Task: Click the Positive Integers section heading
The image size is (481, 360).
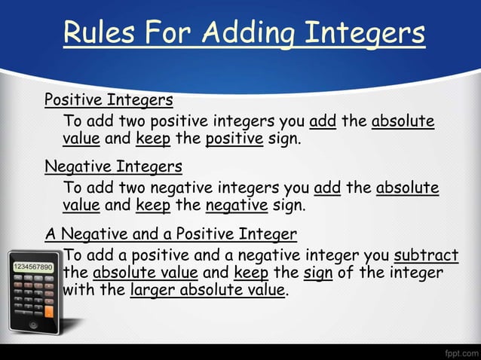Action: coord(109,99)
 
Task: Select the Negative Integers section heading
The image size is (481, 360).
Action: coord(113,166)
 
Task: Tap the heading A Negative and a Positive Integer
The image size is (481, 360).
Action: coord(170,233)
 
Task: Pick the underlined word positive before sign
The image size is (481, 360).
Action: coord(234,139)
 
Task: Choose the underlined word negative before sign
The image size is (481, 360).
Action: coord(236,205)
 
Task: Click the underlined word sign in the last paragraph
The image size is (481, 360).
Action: coord(318,272)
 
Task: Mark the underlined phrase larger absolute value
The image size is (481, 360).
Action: coord(207,290)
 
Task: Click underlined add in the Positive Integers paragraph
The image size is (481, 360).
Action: coord(323,121)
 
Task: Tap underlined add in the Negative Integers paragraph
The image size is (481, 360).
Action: coord(327,187)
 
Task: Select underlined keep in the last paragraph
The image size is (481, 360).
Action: coord(251,272)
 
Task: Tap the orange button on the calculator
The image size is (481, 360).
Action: coord(49,310)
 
